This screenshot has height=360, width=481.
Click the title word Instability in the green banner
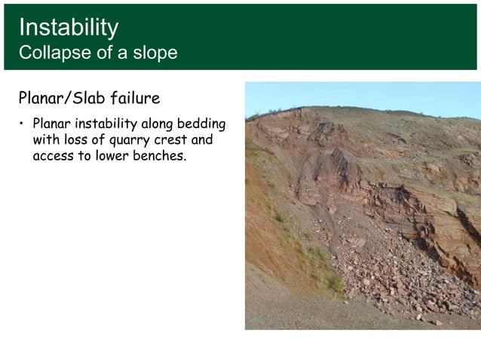tap(68, 28)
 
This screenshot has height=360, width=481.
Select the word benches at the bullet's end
tap(158, 157)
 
